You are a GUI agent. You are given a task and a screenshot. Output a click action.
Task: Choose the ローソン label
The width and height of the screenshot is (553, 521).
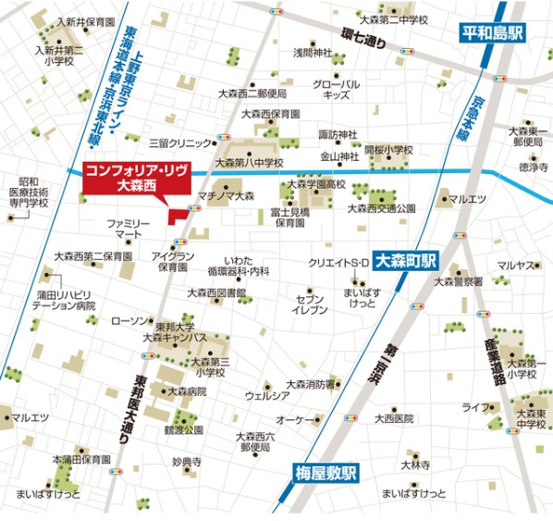[128, 321]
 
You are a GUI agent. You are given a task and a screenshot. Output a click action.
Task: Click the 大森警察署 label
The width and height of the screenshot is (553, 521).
[459, 280]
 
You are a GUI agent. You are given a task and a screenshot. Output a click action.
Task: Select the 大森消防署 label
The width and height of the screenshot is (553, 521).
[310, 384]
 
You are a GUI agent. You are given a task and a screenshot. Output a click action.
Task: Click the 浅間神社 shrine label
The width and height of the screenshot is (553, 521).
[312, 52]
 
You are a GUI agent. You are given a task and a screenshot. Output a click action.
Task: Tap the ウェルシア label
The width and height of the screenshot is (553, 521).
[267, 395]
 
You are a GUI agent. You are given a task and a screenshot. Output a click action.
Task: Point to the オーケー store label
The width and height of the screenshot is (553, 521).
[297, 419]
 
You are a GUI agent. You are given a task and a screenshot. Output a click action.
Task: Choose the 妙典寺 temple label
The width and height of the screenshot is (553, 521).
[186, 461]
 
